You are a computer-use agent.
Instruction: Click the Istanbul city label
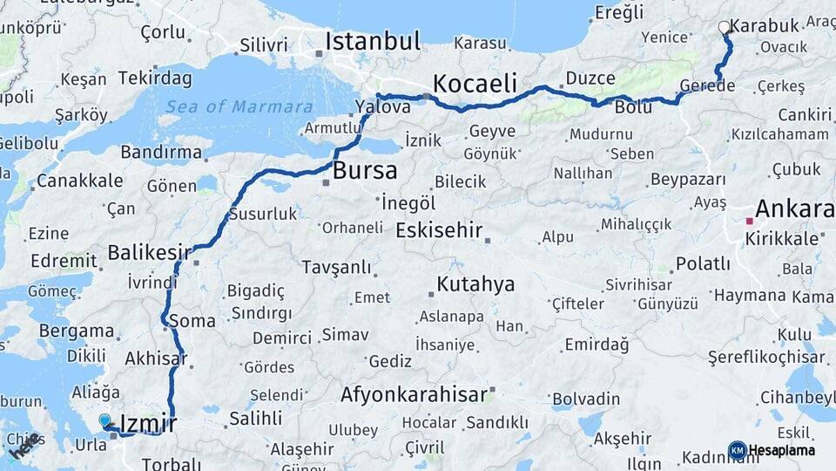[373, 41]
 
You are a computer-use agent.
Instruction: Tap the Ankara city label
[793, 209]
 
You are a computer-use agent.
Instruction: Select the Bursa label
[364, 170]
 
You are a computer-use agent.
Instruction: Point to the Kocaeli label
[475, 84]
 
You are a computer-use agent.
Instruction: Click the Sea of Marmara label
[239, 107]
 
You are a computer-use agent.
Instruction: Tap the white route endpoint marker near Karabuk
[724, 28]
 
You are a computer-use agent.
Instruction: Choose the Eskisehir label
[439, 230]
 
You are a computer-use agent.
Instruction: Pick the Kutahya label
[475, 284]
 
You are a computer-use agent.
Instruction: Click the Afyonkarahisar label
[414, 394]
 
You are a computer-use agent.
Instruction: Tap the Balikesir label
[149, 253]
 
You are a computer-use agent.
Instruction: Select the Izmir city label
[148, 424]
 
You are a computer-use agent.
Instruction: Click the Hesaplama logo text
[782, 450]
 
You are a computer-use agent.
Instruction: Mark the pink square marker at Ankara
[748, 222]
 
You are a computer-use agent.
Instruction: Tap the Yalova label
[383, 107]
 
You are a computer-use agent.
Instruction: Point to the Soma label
[192, 321]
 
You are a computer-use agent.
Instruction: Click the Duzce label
[590, 79]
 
